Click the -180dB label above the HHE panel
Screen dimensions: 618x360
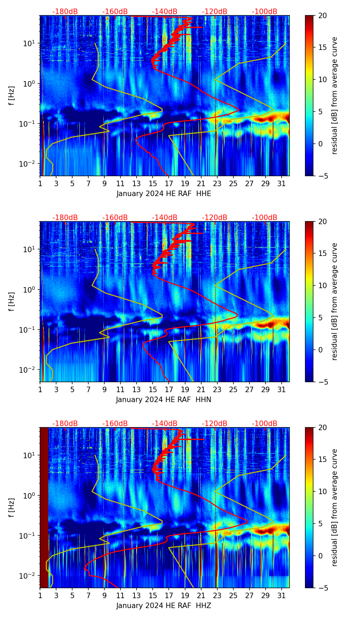[x=65, y=12]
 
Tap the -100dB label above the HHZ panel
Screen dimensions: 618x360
[x=265, y=424]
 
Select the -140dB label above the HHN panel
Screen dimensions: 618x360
[x=165, y=218]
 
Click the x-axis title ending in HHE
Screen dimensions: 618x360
[x=164, y=194]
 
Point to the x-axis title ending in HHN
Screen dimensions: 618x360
[x=164, y=400]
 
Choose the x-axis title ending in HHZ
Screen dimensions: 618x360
[x=164, y=606]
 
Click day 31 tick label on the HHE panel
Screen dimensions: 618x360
[x=282, y=184]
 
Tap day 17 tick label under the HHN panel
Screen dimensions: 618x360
[x=169, y=390]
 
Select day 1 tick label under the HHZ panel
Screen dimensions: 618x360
[x=40, y=596]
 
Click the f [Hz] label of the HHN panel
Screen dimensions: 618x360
[x=12, y=301]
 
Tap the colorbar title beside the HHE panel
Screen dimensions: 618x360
[x=334, y=95]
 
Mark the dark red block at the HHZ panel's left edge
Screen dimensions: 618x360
[x=44, y=507]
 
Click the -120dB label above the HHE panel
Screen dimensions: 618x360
[x=215, y=12]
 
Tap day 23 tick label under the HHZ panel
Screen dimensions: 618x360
[x=217, y=596]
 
